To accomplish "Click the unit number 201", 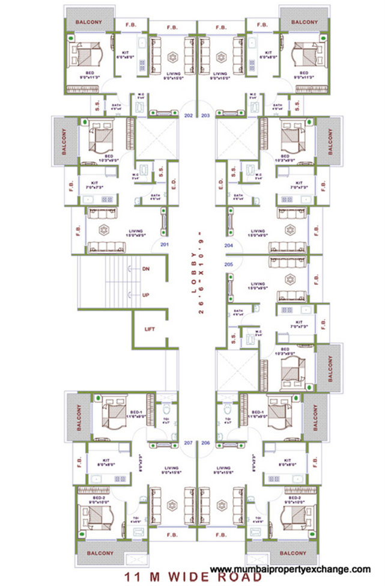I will tap(163, 245).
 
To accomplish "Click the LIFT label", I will tap(150, 329).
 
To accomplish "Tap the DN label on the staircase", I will tap(145, 269).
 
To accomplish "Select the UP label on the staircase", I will tap(145, 295).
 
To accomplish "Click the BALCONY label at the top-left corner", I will tap(88, 22).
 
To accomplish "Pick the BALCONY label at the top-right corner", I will tap(304, 22).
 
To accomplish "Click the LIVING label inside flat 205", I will tap(258, 284).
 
